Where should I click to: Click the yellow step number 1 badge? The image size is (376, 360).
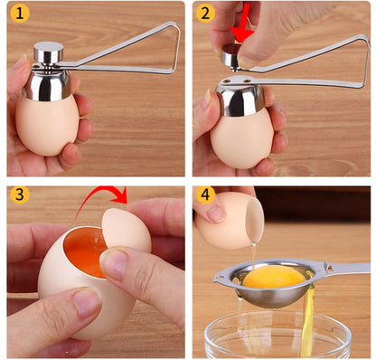click(19, 14)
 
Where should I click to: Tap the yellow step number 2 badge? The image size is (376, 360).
click(205, 14)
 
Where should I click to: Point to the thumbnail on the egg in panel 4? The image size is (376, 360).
click(214, 212)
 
